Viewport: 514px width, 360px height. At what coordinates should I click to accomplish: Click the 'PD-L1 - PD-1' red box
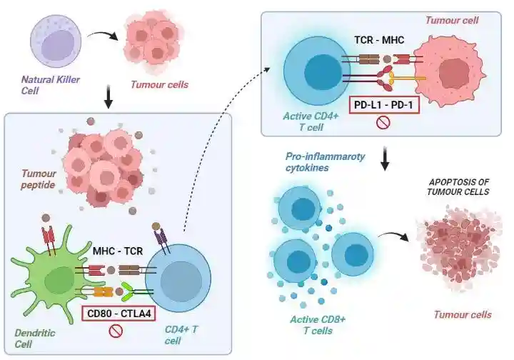pyautogui.click(x=383, y=106)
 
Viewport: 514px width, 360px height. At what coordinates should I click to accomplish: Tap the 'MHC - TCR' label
pyautogui.click(x=119, y=251)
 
